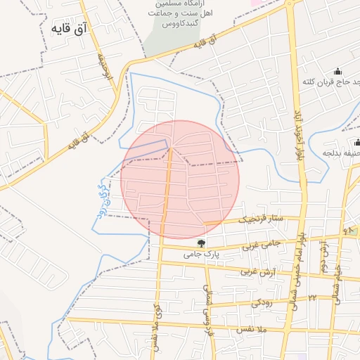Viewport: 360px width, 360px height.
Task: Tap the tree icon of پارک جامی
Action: pyautogui.click(x=202, y=243)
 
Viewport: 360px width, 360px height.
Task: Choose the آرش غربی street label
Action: pyautogui.click(x=256, y=271)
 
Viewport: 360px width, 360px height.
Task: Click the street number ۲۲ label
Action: pyautogui.click(x=311, y=298)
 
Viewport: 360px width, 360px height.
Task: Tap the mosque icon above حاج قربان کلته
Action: pyautogui.click(x=337, y=70)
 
